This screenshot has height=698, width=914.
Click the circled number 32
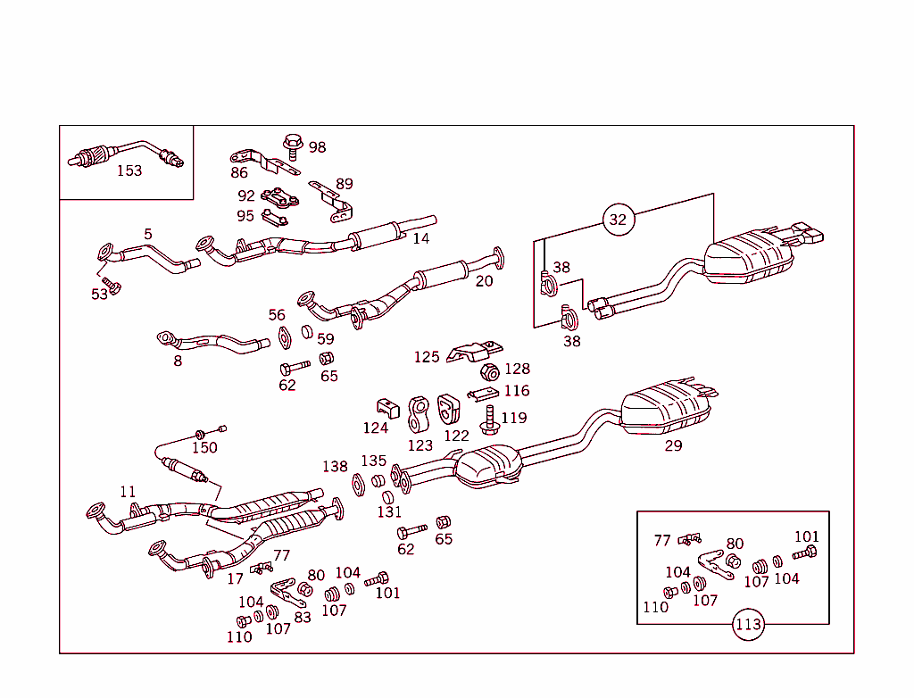[x=618, y=220]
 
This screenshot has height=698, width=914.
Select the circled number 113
[x=748, y=625]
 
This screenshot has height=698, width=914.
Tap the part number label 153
[x=129, y=170]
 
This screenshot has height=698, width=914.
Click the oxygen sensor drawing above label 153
[x=125, y=153]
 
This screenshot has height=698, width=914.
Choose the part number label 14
[x=420, y=238]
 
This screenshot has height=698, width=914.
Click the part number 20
[x=484, y=281]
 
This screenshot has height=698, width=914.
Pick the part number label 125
[x=427, y=357]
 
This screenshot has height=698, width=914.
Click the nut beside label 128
[x=488, y=371]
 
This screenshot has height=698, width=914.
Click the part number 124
[x=376, y=428]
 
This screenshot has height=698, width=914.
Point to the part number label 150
[x=204, y=447]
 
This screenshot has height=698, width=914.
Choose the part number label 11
[x=129, y=492]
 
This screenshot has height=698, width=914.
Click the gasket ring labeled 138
[x=357, y=485]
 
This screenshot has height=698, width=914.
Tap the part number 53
[x=99, y=295]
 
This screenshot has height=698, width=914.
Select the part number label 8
[x=178, y=361]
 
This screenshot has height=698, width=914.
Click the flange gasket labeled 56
[x=284, y=337]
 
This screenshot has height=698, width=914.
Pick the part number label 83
[x=303, y=617]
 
